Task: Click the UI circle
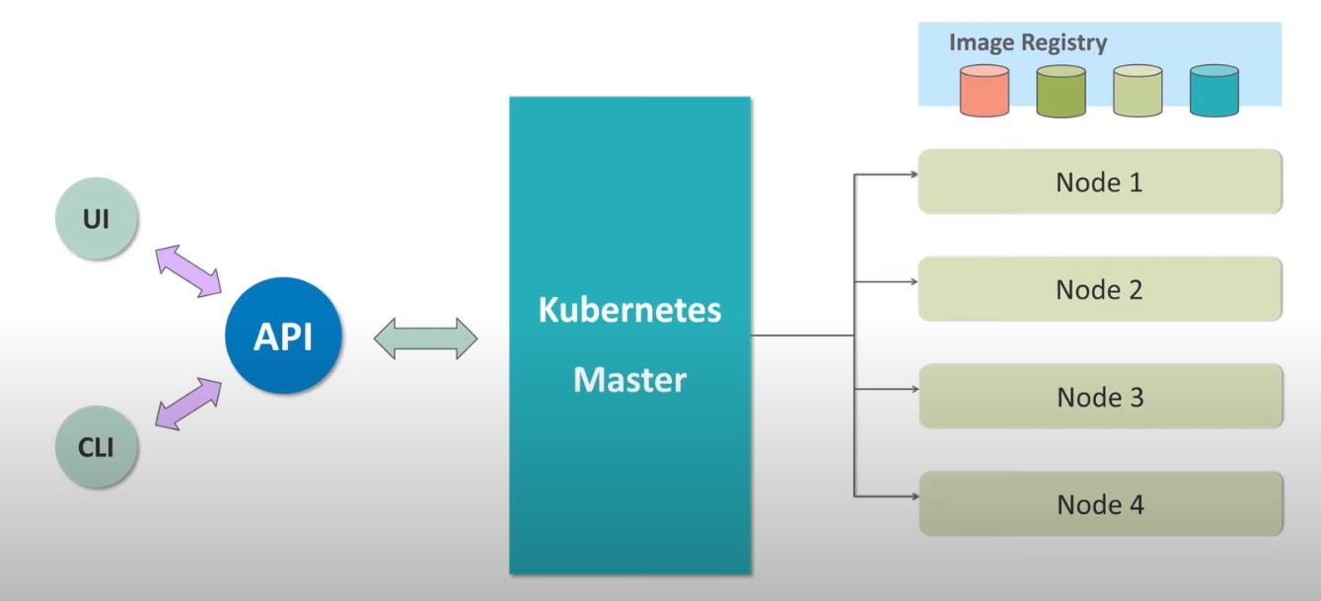click(96, 218)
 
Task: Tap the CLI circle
click(96, 446)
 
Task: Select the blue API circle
click(283, 337)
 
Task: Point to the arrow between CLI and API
click(188, 404)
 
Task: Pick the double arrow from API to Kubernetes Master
click(425, 339)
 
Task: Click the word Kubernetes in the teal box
click(629, 310)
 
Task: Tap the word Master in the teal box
click(629, 379)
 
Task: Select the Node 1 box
click(1099, 183)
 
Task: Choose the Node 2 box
click(1099, 289)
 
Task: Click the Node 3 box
click(1100, 397)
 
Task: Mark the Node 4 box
click(1100, 504)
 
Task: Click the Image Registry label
click(1027, 42)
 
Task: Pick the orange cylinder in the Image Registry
click(985, 91)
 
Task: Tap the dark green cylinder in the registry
click(1062, 91)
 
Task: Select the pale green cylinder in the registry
click(1138, 91)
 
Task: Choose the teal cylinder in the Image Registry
click(1213, 91)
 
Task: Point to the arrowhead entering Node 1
click(913, 176)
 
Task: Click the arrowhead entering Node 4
click(913, 495)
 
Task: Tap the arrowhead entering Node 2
click(913, 281)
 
